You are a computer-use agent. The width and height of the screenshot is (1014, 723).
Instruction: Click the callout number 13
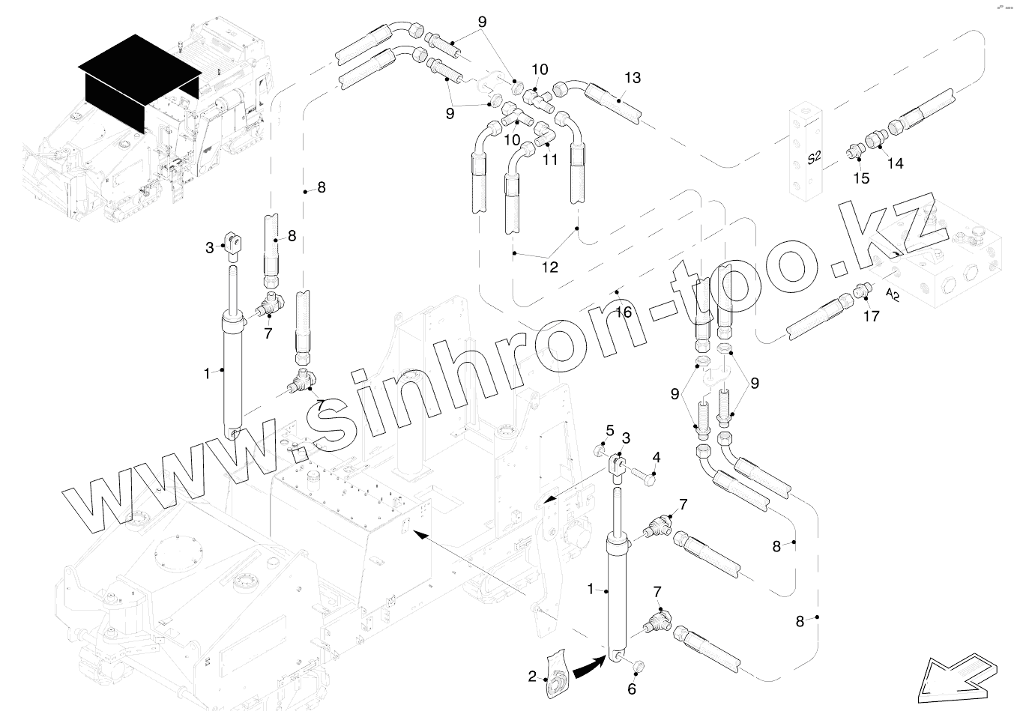633,78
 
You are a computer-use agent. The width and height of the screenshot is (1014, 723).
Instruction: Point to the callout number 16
624,312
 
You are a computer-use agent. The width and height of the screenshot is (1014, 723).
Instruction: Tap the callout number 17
871,316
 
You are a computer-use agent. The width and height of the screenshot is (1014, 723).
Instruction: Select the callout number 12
550,267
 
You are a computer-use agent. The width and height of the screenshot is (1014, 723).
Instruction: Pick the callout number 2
532,677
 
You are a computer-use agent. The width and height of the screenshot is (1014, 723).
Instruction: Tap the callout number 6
631,689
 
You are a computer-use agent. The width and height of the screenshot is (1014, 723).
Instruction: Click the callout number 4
657,457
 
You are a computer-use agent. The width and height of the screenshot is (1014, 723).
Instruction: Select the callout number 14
895,163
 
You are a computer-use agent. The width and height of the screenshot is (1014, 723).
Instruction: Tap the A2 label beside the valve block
893,294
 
